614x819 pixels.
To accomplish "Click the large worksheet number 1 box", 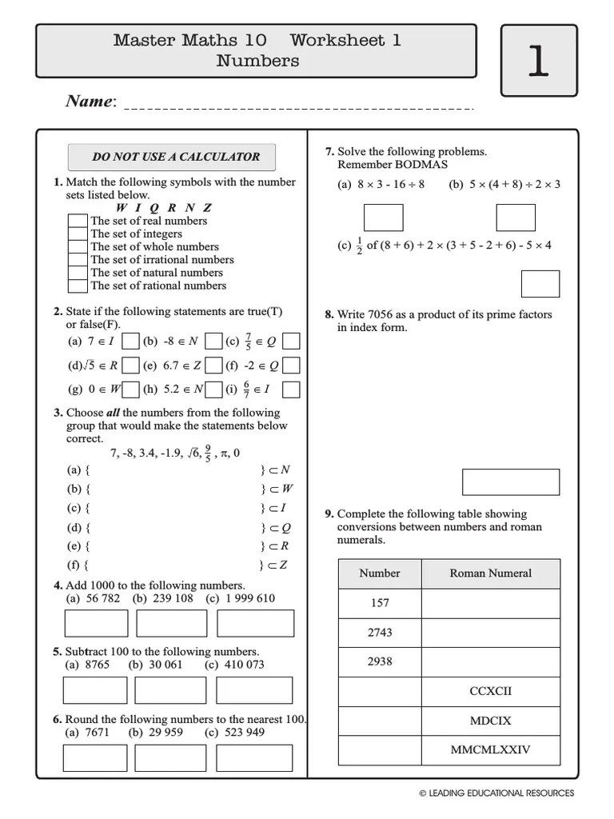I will coord(538,61).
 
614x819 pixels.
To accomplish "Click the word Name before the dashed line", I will coord(89,102).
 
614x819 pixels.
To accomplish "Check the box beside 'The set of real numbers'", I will coord(78,221).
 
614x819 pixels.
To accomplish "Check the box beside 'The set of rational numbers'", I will coord(78,286).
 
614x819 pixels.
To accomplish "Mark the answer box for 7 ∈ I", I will coord(131,342).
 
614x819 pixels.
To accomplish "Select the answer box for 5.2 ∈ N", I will coord(213,390).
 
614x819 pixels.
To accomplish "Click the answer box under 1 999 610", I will coord(255,623).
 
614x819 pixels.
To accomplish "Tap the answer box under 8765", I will coord(95,689).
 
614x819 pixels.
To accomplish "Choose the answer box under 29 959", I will coord(170,757).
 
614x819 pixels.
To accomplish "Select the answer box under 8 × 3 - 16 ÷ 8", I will coord(384,218).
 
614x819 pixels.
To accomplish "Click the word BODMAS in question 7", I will coord(421,164).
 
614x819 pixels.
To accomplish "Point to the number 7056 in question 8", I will coord(381,314).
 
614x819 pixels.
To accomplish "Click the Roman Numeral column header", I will coord(490,573).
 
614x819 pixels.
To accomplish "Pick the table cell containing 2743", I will coord(380,633).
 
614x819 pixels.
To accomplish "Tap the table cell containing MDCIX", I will coord(490,721).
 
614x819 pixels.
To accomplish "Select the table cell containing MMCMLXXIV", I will coord(490,750).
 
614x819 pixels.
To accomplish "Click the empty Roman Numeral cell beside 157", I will coord(490,603).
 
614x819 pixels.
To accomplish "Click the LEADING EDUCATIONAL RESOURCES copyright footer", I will coord(496,793).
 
